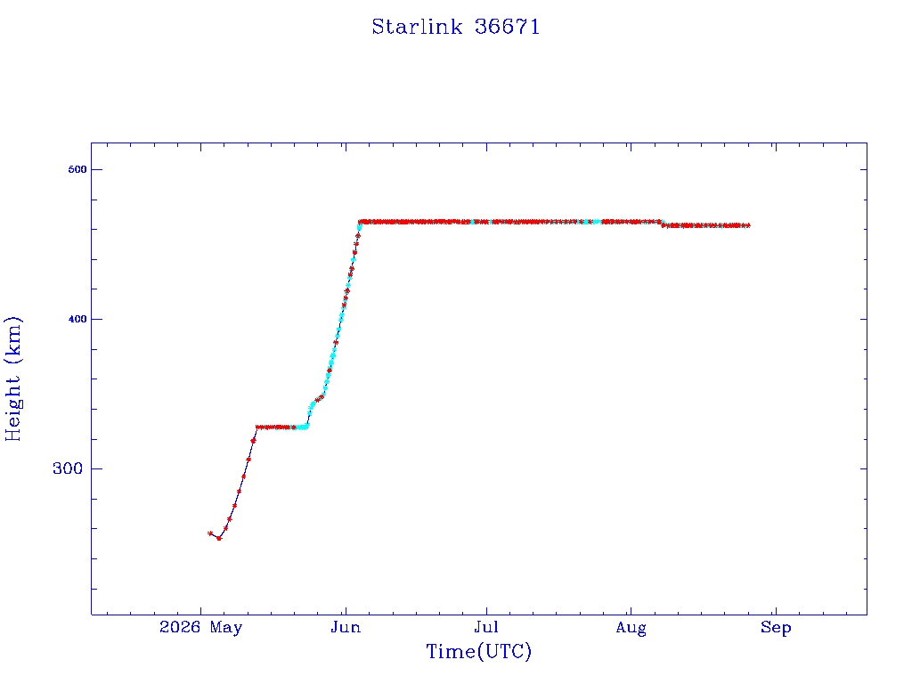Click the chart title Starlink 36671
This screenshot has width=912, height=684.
coord(455,27)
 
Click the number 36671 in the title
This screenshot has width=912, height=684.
coord(507,27)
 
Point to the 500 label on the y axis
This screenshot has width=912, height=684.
coord(77,169)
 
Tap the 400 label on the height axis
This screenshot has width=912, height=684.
coord(77,319)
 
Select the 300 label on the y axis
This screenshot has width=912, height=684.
coord(68,468)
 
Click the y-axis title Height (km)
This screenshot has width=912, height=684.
coord(13,379)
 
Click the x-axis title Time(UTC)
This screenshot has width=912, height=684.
coord(478,651)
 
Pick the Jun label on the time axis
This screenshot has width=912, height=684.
coord(346,627)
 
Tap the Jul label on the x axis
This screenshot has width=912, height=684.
coord(486,627)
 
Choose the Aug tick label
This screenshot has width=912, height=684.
coord(631,628)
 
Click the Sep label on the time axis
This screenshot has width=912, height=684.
coord(776,628)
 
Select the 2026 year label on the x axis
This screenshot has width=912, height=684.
coord(180,627)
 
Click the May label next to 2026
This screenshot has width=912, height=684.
coord(226,628)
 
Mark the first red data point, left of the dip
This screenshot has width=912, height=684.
coord(210,533)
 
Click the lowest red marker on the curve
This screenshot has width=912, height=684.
coord(219,538)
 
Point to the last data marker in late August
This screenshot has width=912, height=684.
coord(747,225)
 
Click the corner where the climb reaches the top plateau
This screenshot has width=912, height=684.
coord(360,222)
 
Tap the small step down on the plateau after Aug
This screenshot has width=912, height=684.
coord(663,224)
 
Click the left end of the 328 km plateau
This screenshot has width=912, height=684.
coord(257,427)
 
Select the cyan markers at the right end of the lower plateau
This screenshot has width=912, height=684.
coord(303,427)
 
